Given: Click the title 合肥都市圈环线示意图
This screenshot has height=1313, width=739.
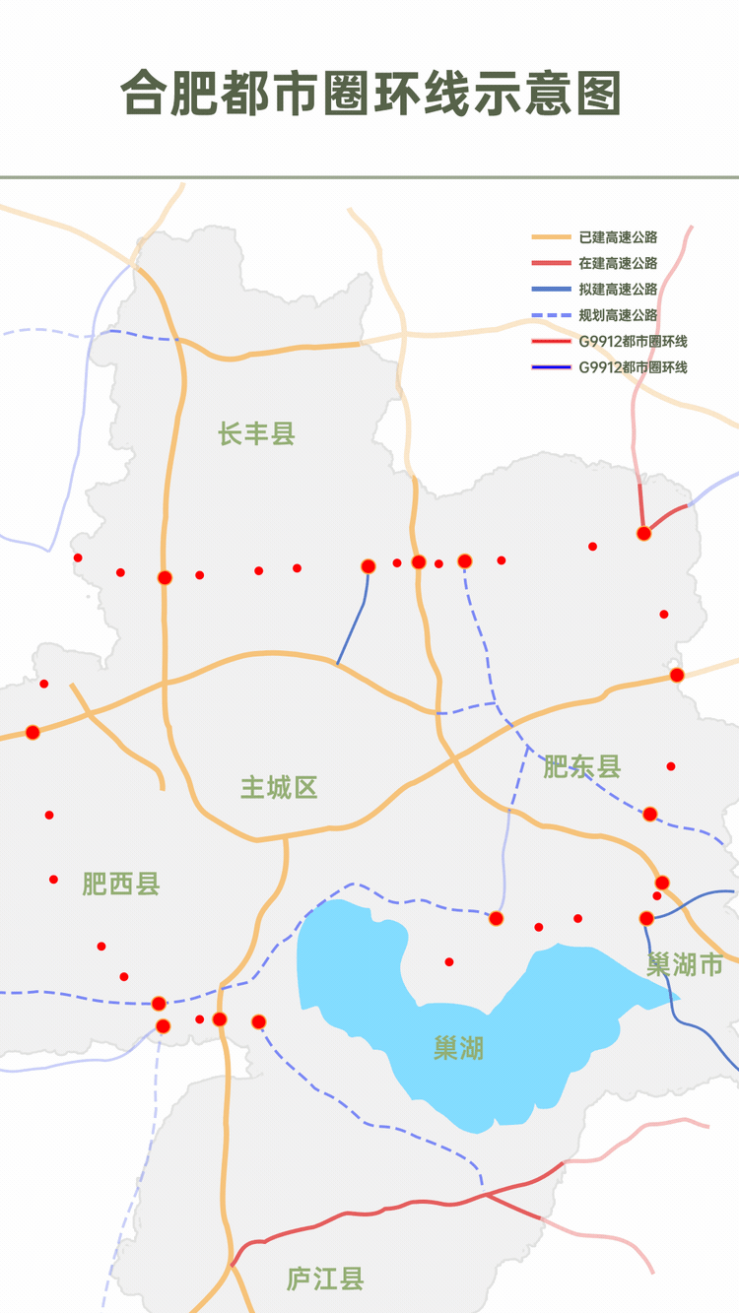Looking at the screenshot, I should tap(370, 95).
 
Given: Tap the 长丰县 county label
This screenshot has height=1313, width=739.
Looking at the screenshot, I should tap(257, 433).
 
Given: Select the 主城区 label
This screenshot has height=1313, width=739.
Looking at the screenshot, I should tap(280, 788).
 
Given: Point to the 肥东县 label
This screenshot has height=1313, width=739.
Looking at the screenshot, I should tap(582, 766).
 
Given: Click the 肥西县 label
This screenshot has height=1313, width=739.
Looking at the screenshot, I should tap(121, 884).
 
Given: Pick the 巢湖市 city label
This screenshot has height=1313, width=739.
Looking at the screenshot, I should tap(685, 964).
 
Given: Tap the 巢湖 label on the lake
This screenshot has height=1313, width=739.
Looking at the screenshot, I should tap(458, 1048).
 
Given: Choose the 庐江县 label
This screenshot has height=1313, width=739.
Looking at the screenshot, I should tap(325, 1280).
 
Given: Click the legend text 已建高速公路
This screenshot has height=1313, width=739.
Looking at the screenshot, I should tap(618, 237).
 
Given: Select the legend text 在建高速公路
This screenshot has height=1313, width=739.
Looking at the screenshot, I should tap(618, 263).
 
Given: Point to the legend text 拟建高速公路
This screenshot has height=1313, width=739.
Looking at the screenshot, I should tap(618, 290).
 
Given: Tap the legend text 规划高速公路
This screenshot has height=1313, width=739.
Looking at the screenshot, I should tap(618, 315).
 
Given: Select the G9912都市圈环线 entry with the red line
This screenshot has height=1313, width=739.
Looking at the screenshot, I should tap(632, 342).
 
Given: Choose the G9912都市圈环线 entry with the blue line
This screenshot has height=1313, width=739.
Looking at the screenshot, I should tap(632, 367).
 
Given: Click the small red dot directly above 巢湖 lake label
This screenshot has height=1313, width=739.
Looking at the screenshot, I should tap(449, 961).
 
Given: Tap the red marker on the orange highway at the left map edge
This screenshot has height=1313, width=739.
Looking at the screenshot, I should tap(33, 732).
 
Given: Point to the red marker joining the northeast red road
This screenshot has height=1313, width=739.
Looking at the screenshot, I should tap(644, 533).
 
